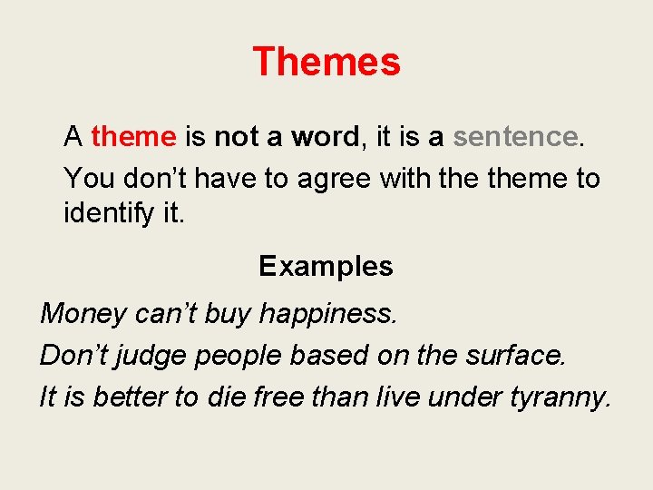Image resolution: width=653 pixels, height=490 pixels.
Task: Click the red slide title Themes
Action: pos(326,62)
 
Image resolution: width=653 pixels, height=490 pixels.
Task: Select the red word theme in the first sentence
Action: pos(133,137)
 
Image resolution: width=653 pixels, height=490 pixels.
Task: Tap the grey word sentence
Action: pos(514,137)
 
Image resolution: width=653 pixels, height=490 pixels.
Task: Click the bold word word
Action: pos(325,137)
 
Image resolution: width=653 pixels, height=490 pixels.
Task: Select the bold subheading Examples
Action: pos(326,266)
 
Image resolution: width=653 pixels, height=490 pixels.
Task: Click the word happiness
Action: pos(328,314)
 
